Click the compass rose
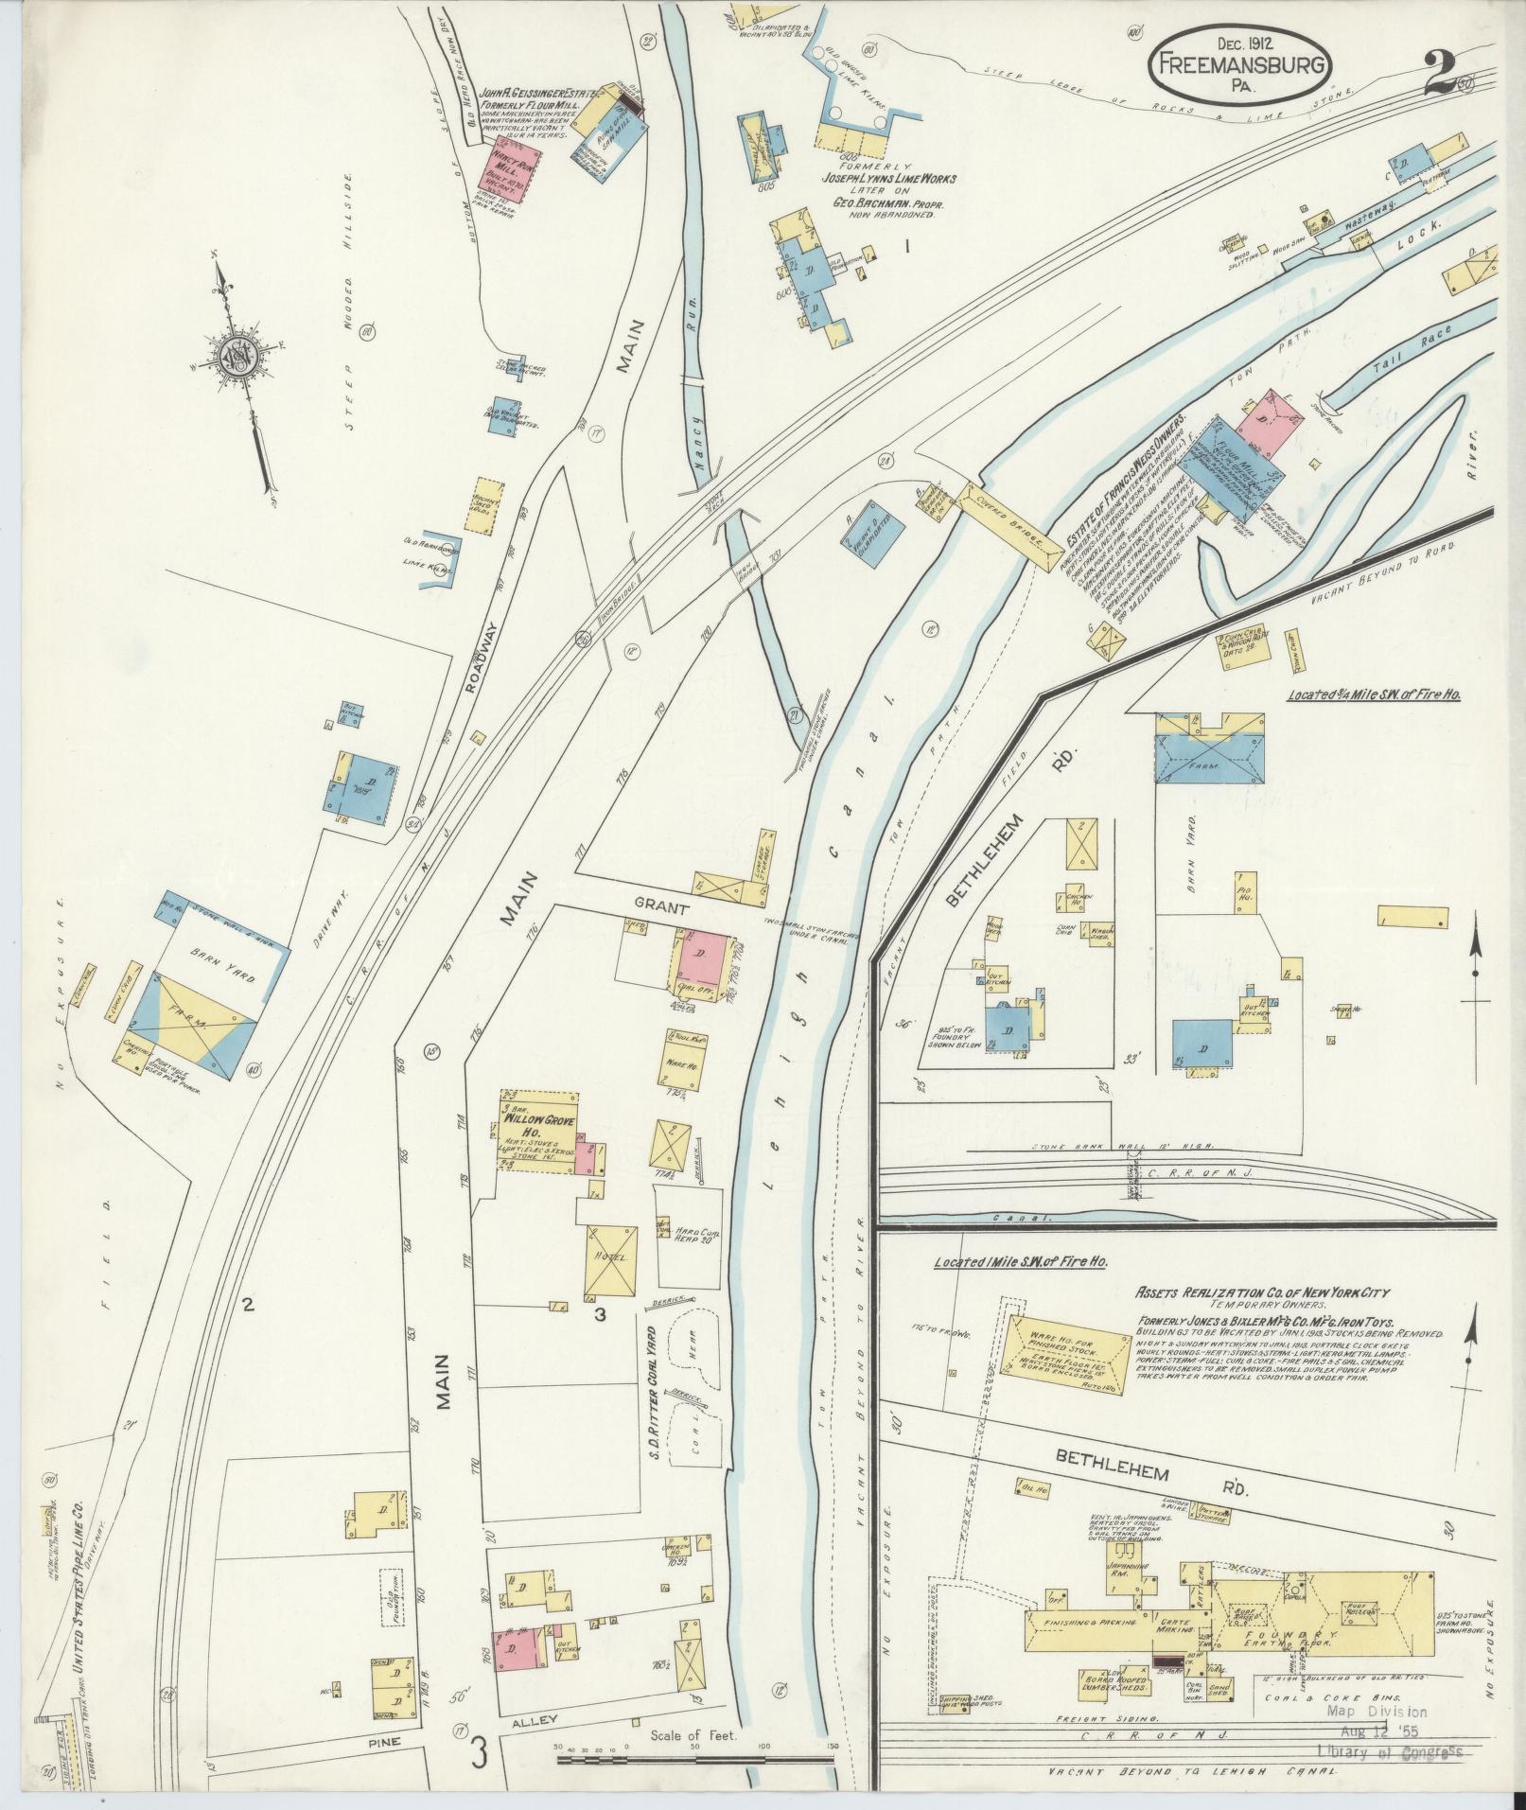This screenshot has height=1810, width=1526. [236, 357]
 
